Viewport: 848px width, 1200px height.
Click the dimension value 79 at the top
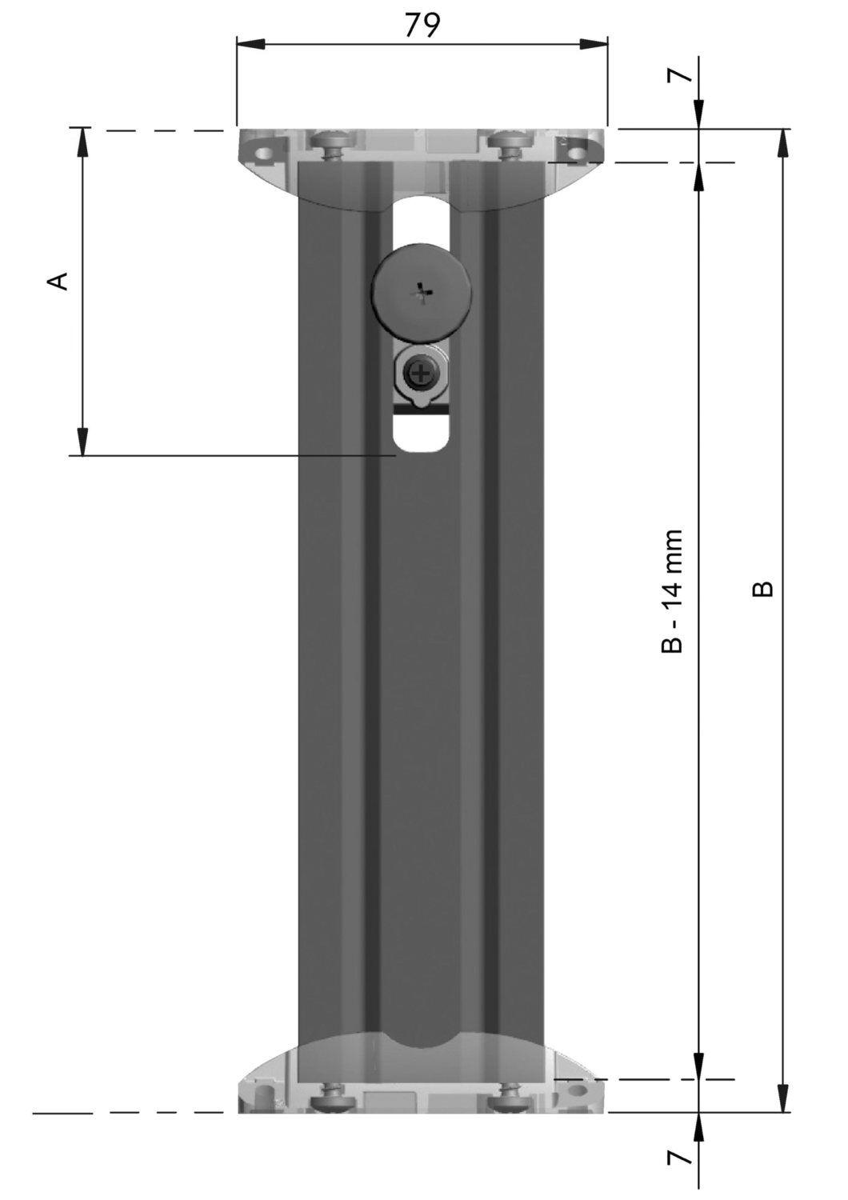coord(422,25)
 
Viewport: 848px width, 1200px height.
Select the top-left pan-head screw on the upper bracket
coord(333,143)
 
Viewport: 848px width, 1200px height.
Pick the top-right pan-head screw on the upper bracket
coord(512,143)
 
